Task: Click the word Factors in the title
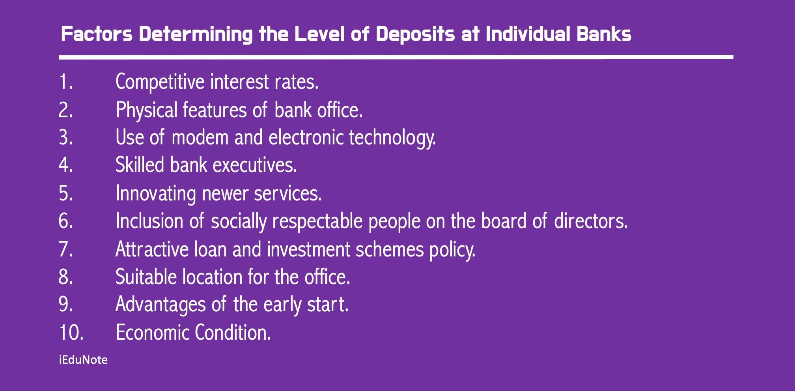pos(97,34)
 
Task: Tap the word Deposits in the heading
pos(415,34)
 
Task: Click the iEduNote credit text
pos(83,360)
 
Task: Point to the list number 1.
pos(66,82)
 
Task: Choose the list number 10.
pos(71,333)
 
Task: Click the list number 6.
pos(66,221)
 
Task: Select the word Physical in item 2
pos(146,110)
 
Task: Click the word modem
pos(200,138)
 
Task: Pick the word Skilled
pos(140,165)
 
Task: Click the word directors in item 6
pos(590,221)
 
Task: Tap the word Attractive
pos(152,249)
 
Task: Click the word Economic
pos(151,333)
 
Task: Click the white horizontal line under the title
pos(396,57)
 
